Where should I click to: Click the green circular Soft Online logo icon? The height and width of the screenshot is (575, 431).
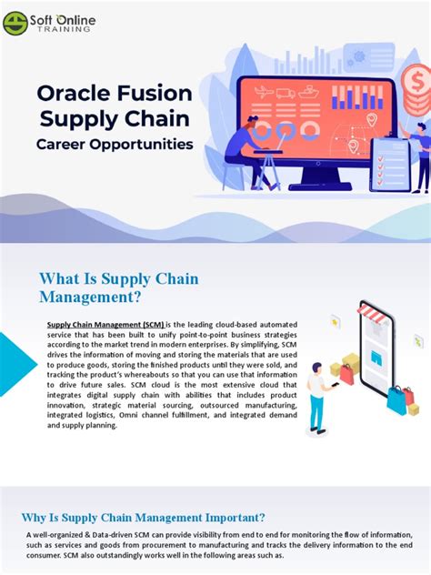15,22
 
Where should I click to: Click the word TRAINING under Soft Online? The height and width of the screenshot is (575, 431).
62,29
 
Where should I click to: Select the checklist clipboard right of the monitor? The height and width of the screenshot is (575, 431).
389,165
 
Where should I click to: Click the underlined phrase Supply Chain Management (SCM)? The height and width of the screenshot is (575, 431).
105,323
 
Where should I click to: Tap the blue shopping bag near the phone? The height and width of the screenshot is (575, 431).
396,401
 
